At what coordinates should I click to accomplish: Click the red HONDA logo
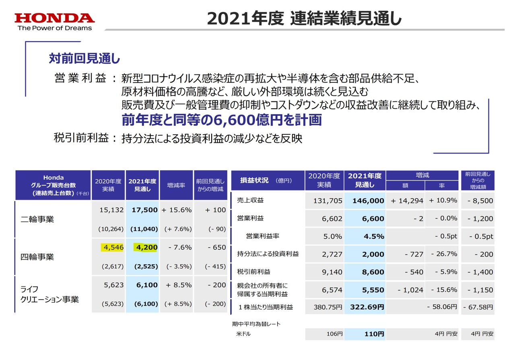point(55,18)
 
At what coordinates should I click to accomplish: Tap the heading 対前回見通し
point(84,59)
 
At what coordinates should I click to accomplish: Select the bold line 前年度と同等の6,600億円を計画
point(222,120)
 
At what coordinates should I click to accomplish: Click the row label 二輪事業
point(37,220)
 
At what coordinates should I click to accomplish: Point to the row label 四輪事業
point(37,257)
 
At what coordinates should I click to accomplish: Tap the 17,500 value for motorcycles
point(144,210)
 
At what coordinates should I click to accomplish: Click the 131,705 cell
point(327,201)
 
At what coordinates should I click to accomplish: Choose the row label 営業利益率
point(263,237)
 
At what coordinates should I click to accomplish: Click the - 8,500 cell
point(480,201)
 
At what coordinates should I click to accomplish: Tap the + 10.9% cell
point(443,200)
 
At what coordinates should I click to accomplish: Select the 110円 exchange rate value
point(374,334)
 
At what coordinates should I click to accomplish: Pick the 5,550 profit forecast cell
point(373,290)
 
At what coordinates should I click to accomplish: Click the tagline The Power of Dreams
point(55,28)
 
